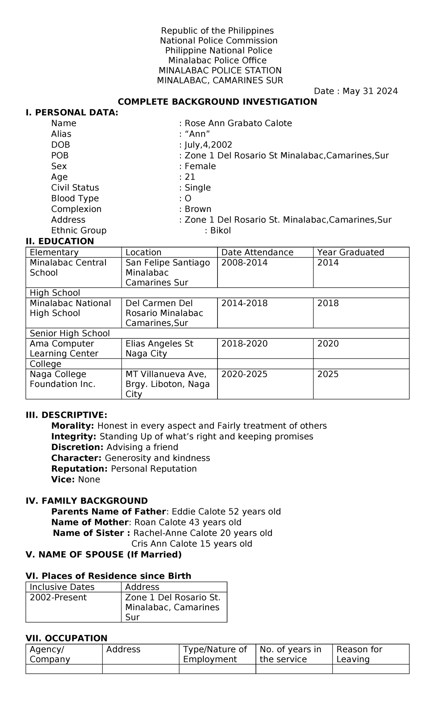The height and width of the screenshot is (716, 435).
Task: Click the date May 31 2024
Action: pyautogui.click(x=370, y=91)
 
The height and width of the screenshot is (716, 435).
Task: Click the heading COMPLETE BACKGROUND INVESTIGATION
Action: pyautogui.click(x=217, y=102)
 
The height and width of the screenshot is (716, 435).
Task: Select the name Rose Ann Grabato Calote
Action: pyautogui.click(x=238, y=123)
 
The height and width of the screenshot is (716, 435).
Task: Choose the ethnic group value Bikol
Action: pyautogui.click(x=220, y=230)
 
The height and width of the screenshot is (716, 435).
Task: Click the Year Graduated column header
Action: pyautogui.click(x=350, y=252)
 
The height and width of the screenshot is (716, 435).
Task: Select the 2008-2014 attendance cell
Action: pyautogui.click(x=244, y=262)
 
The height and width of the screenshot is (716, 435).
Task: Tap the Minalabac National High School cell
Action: pyautogui.click(x=70, y=308)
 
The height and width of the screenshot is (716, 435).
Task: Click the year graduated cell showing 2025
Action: pyautogui.click(x=328, y=374)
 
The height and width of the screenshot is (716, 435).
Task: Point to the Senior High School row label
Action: pyautogui.click(x=70, y=333)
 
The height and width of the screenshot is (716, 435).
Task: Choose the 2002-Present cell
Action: pyautogui.click(x=58, y=597)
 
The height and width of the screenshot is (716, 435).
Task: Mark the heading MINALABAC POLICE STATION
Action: pyautogui.click(x=220, y=70)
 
